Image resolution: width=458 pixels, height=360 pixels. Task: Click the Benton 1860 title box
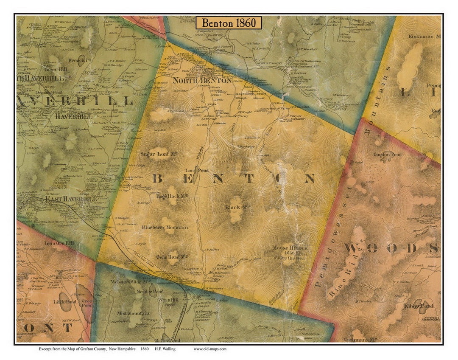pyautogui.click(x=229, y=23)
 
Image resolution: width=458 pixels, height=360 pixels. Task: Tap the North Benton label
pyautogui.click(x=202, y=80)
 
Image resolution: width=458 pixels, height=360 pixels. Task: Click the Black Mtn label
pyautogui.click(x=233, y=208)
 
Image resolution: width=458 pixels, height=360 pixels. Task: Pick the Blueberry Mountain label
pyautogui.click(x=165, y=228)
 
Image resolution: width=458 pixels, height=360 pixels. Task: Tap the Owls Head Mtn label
pyautogui.click(x=166, y=257)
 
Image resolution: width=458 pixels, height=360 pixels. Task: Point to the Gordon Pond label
pyautogui.click(x=387, y=155)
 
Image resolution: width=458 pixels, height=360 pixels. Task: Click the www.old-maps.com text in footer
pyautogui.click(x=210, y=349)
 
